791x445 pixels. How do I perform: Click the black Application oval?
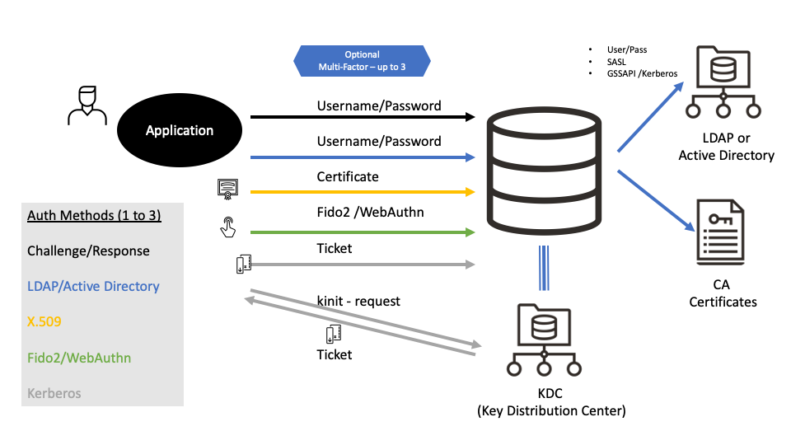pos(180,130)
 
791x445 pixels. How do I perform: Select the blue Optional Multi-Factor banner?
pos(362,60)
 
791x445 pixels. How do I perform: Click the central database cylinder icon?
pos(543,170)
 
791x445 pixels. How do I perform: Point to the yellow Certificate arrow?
pos(363,192)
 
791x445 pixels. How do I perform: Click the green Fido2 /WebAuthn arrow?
pos(363,232)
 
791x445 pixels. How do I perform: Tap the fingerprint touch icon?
pos(228,227)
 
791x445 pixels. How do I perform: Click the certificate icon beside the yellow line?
pos(227,189)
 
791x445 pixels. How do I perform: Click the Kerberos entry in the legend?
pos(54,393)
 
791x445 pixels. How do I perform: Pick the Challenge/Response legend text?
pos(88,251)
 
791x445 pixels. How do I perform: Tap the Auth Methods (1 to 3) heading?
pos(94,216)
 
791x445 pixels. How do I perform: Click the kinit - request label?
pos(358,301)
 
